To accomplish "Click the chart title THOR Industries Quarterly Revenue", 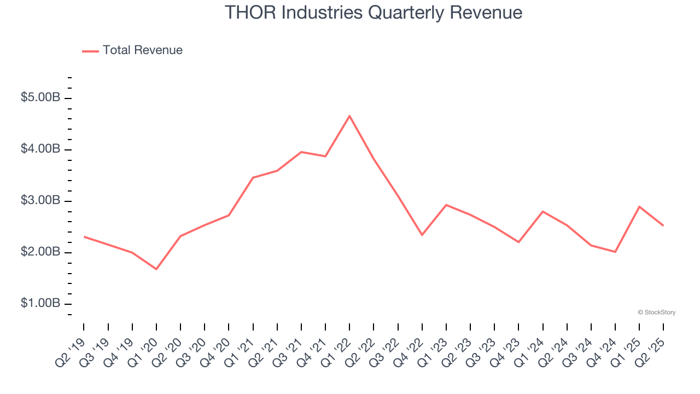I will pyautogui.click(x=374, y=13).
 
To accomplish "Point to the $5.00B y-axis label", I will pyautogui.click(x=40, y=99).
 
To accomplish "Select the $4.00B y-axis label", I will pyautogui.click(x=40, y=150).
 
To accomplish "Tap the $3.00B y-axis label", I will pyautogui.click(x=40, y=201).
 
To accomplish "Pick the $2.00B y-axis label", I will pyautogui.click(x=40, y=253).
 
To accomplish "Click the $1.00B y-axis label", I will pyautogui.click(x=40, y=304).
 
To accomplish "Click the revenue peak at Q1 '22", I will pyautogui.click(x=349, y=116).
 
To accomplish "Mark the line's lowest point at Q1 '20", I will pyautogui.click(x=156, y=269).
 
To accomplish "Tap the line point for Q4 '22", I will pyautogui.click(x=422, y=235).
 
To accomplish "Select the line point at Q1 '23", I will pyautogui.click(x=446, y=205).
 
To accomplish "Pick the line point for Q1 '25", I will pyautogui.click(x=639, y=206).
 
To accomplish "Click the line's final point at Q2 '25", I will pyautogui.click(x=663, y=225).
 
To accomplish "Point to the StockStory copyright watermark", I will pyautogui.click(x=656, y=312).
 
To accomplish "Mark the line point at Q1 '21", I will pyautogui.click(x=253, y=177).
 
